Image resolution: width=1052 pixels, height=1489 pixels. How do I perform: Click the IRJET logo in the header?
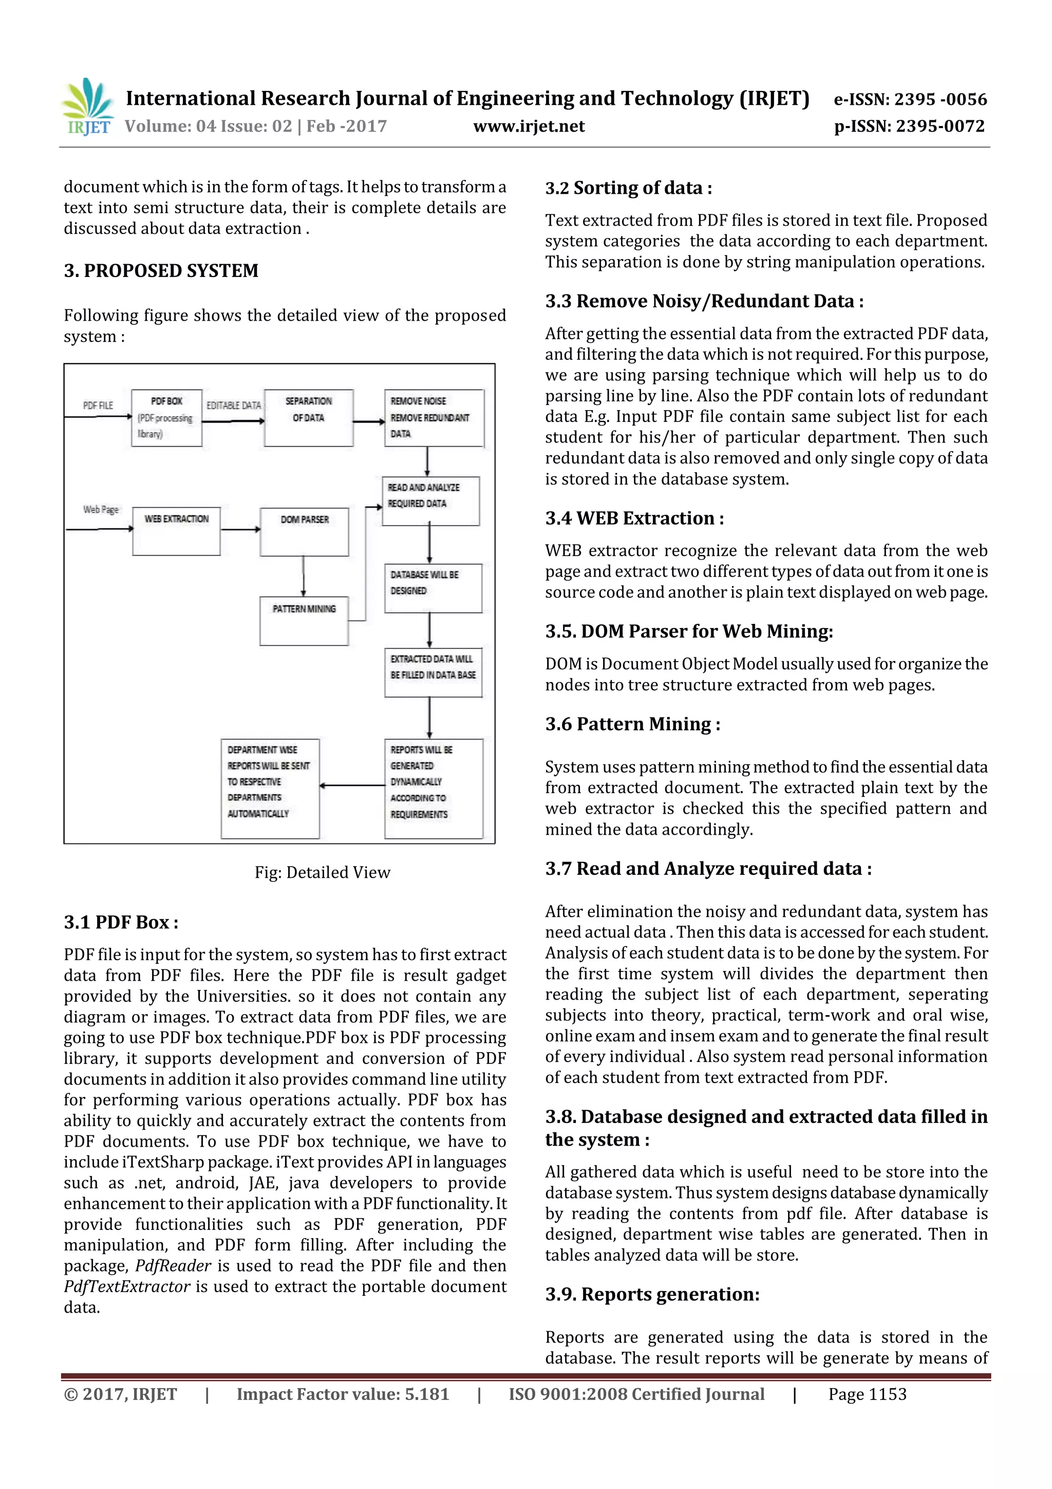[88, 106]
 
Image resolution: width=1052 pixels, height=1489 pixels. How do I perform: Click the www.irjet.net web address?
[529, 126]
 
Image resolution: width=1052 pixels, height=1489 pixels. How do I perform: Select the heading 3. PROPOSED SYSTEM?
[161, 270]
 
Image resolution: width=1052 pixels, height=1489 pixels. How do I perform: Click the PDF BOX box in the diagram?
[166, 418]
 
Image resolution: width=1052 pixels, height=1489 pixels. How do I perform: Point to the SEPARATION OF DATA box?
[309, 418]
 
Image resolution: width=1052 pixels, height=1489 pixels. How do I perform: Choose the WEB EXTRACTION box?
[176, 530]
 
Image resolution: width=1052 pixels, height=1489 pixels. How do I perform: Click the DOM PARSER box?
[304, 531]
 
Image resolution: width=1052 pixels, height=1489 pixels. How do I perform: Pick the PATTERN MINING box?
[304, 621]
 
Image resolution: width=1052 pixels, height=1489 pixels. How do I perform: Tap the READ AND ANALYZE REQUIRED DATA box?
[430, 501]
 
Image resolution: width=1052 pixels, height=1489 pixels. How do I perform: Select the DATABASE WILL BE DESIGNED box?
[433, 587]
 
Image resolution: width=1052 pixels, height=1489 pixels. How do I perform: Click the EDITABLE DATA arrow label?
[233, 406]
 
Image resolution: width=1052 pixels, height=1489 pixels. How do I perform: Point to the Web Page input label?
[101, 510]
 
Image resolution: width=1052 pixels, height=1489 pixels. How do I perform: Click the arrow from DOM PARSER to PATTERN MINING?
[304, 576]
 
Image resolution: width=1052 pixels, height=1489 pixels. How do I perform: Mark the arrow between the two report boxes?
[352, 785]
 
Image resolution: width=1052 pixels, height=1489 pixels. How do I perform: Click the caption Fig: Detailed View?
[322, 872]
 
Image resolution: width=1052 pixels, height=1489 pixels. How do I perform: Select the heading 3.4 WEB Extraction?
[634, 518]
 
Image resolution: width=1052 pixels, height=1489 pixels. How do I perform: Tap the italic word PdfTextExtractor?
[127, 1286]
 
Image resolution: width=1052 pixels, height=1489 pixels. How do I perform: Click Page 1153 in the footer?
[867, 1394]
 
